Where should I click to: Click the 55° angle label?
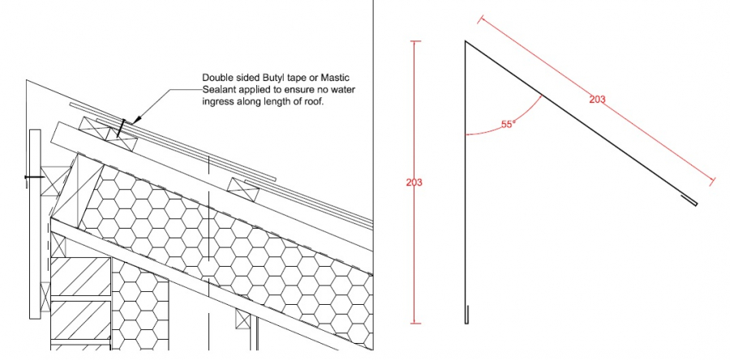[x=508, y=124]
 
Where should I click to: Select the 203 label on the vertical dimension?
[x=414, y=182]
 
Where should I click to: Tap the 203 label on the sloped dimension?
[x=597, y=99]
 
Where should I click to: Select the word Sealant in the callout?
[x=217, y=89]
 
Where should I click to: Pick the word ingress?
[x=217, y=102]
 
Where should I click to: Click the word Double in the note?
[x=217, y=77]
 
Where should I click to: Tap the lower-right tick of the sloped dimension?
[x=712, y=182]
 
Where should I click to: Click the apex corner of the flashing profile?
[x=465, y=41]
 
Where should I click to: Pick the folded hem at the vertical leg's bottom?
[x=466, y=315]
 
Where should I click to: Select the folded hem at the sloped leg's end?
[x=690, y=200]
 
